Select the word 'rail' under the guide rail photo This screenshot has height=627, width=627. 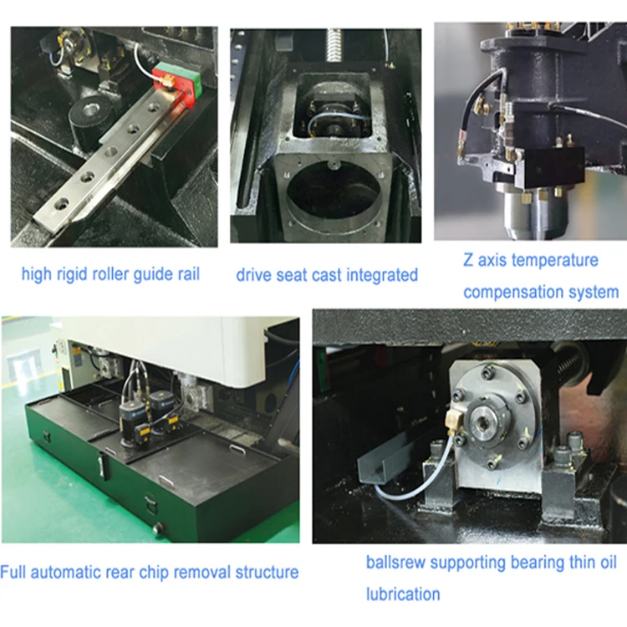click(x=186, y=274)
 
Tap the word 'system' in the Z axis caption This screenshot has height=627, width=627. click(x=596, y=292)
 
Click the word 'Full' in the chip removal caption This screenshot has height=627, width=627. click(x=13, y=573)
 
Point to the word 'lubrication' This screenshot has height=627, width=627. click(x=403, y=594)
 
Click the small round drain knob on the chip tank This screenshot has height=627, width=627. click(x=159, y=528)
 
